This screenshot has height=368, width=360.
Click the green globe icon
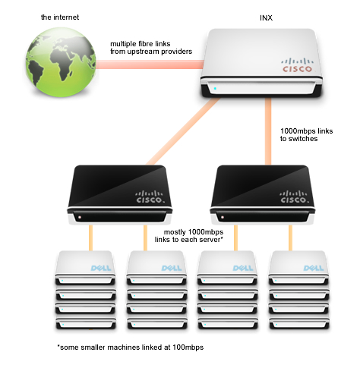[61, 61]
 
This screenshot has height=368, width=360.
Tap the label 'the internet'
[60, 17]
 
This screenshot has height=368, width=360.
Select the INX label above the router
[266, 18]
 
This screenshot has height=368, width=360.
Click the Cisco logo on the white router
[297, 65]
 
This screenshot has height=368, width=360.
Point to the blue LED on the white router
[215, 89]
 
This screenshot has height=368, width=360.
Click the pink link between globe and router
[150, 64]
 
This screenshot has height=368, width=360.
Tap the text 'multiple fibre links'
[141, 44]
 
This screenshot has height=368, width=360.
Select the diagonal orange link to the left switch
[183, 131]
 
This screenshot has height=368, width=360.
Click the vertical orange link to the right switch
[268, 131]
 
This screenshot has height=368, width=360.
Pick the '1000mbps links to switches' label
[306, 135]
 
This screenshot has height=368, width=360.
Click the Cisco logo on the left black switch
[150, 197]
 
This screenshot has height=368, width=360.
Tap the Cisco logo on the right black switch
[295, 197]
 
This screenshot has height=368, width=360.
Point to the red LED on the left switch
[80, 217]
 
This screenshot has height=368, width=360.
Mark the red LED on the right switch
[223, 217]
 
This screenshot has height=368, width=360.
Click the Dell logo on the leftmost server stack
[101, 268]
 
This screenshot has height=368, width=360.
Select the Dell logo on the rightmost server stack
[314, 268]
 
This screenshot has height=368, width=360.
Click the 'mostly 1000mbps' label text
[194, 232]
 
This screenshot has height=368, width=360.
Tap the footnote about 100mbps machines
[131, 348]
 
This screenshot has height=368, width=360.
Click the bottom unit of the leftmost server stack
[86, 324]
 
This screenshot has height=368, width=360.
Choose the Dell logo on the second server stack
[172, 268]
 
